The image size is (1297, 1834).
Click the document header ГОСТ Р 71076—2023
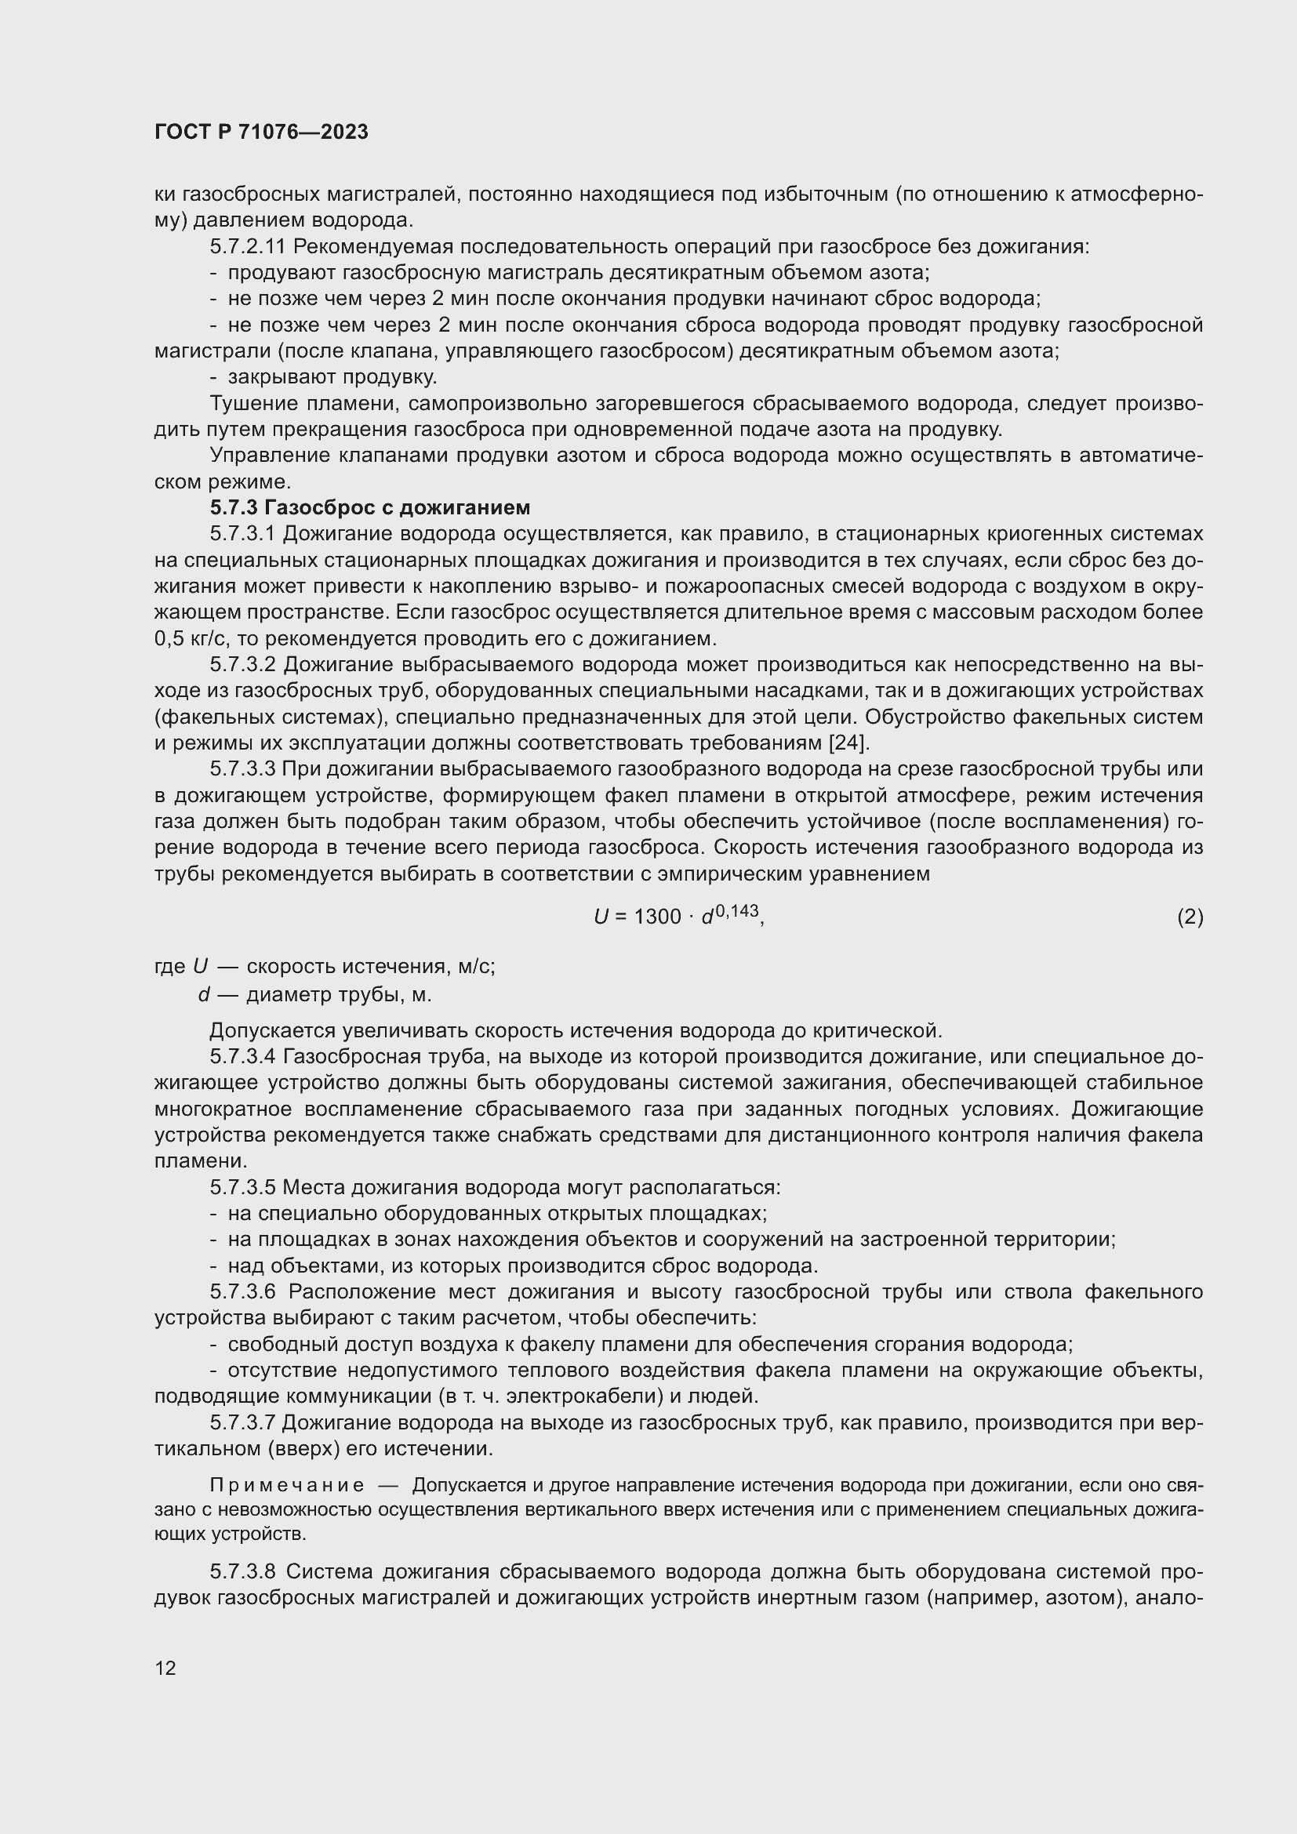coord(261,132)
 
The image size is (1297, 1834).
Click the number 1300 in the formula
coord(656,917)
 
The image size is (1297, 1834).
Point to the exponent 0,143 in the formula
coord(736,910)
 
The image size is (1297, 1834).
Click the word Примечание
coord(287,1485)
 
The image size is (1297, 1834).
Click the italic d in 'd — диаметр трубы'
coord(205,995)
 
